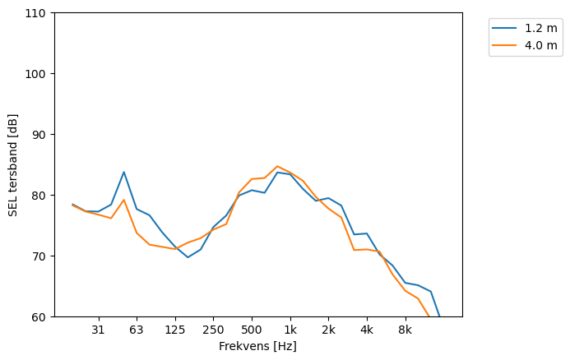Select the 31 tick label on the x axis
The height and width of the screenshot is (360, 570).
tap(98, 330)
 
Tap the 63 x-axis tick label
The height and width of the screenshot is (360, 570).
tap(137, 330)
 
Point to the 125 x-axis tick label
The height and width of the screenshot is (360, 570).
tap(174, 330)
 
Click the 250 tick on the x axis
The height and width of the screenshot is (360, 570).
tap(213, 330)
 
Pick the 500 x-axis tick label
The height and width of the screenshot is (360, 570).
tap(252, 330)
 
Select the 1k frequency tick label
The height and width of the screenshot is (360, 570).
tap(290, 330)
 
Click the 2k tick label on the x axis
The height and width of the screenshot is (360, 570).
tap(328, 330)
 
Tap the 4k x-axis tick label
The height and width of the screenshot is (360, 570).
tap(367, 330)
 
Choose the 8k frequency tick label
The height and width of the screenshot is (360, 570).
tap(405, 330)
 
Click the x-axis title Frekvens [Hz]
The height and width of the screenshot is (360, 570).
tap(257, 347)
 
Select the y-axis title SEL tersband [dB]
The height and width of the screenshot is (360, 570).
tap(13, 164)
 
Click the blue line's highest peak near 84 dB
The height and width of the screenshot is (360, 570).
tap(123, 172)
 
